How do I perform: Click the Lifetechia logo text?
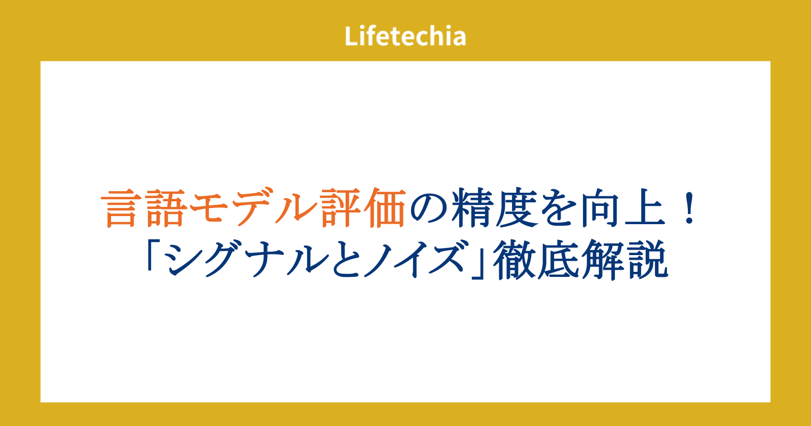coord(405,36)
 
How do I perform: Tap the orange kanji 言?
coord(121,208)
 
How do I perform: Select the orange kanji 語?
coord(167,208)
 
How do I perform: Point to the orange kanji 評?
coord(341,208)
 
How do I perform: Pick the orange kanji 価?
coord(385,208)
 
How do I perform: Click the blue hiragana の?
coord(428,210)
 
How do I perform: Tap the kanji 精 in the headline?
coord(472,208)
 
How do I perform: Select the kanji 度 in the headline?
coord(517,208)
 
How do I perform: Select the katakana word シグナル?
coord(247,259)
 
